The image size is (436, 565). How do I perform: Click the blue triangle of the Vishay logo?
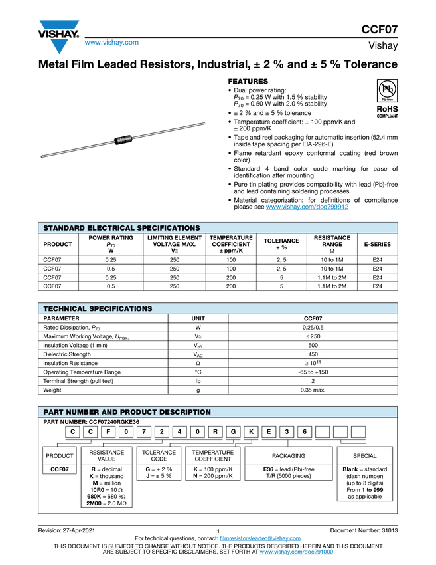[x=59, y=46]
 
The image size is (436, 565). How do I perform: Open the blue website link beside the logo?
[x=111, y=43]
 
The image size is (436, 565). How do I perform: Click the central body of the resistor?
[x=123, y=139]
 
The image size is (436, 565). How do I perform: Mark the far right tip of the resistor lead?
[x=206, y=122]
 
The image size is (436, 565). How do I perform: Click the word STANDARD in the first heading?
[x=65, y=228]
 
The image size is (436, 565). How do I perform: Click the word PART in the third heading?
[x=54, y=413]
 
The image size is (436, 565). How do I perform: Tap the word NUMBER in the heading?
[x=84, y=413]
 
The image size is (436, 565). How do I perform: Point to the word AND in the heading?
[x=110, y=413]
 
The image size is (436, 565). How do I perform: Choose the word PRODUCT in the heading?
[x=139, y=413]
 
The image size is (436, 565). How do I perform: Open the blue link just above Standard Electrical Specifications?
[x=307, y=207]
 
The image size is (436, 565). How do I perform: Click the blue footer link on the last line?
[x=296, y=552]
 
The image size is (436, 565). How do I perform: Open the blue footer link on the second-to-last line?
[x=260, y=538]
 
